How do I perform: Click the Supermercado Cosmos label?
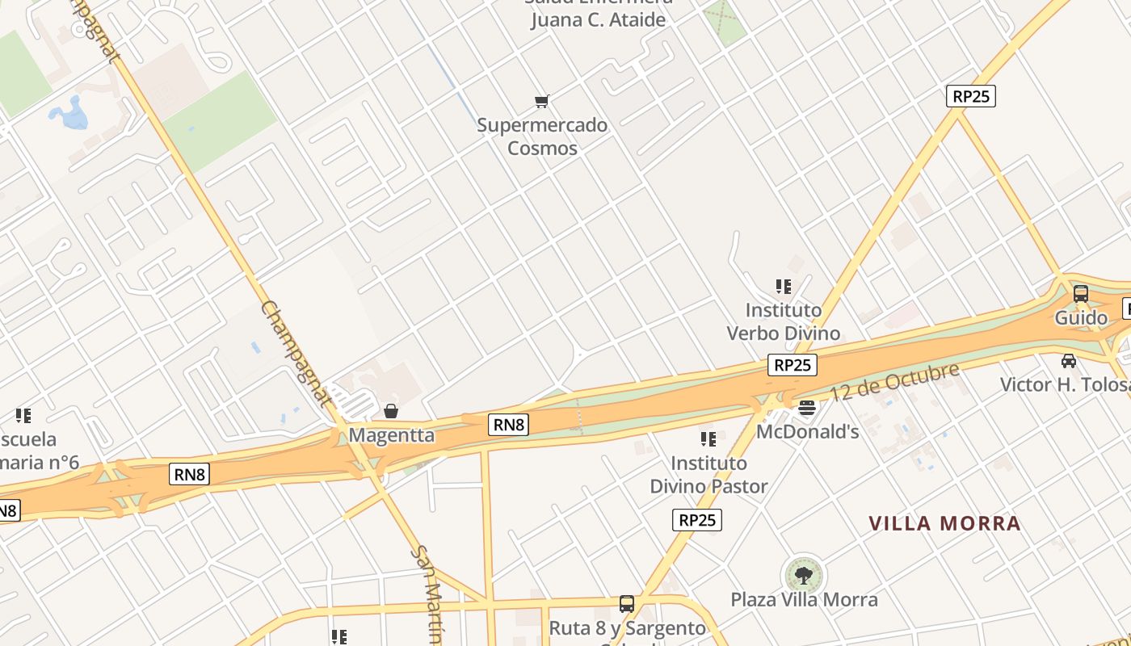541,136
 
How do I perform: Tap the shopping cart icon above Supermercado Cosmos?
542,102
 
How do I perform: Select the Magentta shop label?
391,435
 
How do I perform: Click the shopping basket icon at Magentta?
391,411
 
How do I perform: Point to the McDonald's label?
807,432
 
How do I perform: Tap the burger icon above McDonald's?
807,408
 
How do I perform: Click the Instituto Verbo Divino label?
783,321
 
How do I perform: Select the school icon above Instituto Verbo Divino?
783,287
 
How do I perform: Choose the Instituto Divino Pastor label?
708,475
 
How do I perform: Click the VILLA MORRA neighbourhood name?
944,523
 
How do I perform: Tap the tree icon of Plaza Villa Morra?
803,576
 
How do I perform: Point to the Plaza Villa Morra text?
804,600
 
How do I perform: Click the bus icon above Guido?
1081,294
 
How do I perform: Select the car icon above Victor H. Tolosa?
1069,360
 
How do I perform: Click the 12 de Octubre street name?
893,383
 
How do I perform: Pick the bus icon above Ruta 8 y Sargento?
627,604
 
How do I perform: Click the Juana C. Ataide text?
598,19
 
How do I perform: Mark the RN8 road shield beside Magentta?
508,424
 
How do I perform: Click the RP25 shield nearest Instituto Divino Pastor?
696,520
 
